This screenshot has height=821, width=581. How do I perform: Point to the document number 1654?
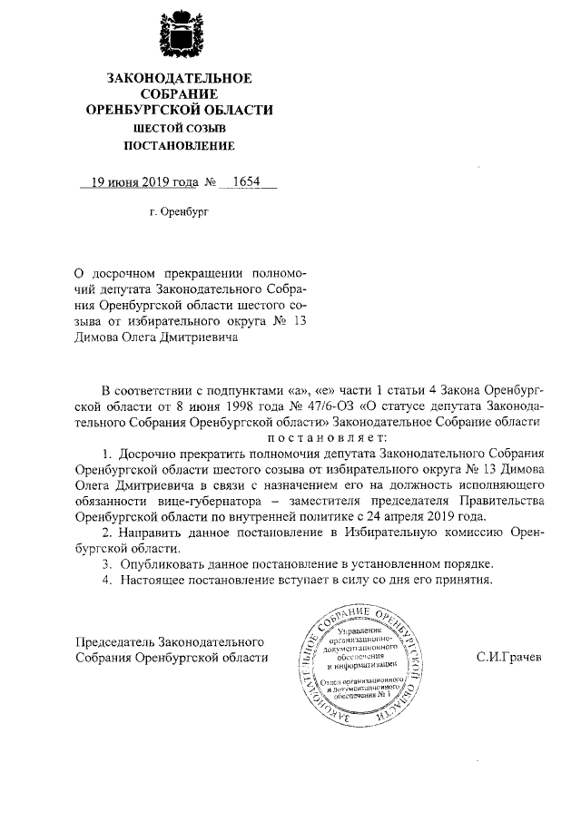[246, 182]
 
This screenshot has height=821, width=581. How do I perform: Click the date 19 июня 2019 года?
[139, 182]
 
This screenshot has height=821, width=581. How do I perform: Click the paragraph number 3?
[105, 564]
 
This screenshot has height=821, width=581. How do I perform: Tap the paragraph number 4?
[105, 581]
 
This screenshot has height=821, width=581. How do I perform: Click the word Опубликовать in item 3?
[159, 564]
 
